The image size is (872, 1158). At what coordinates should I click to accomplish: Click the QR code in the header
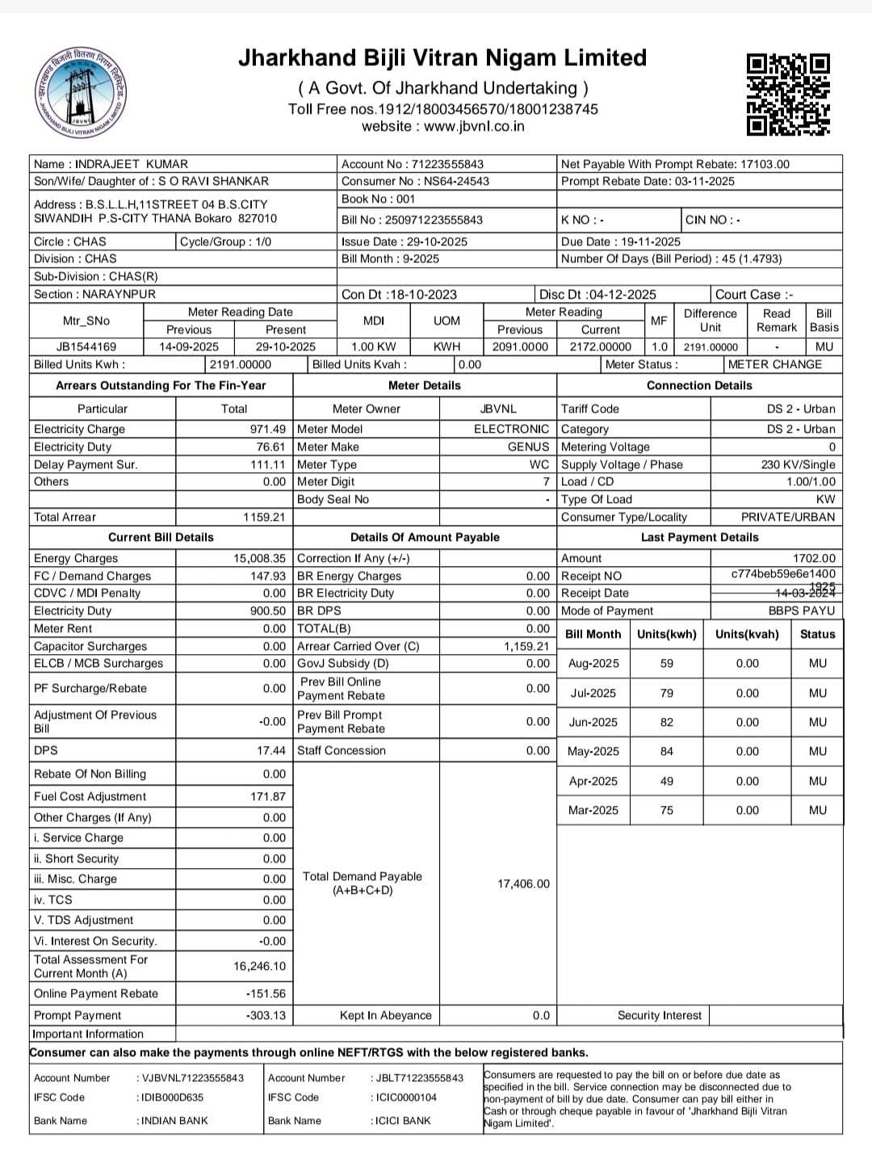[788, 94]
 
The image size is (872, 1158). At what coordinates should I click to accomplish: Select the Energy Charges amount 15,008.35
[259, 558]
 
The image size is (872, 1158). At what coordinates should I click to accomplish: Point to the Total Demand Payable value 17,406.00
[523, 883]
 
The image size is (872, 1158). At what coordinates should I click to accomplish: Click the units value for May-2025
[666, 751]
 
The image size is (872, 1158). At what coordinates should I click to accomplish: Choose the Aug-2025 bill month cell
[593, 663]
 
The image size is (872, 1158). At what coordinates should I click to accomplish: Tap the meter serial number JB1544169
[86, 346]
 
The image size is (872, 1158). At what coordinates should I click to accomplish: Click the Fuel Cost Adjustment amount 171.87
[268, 796]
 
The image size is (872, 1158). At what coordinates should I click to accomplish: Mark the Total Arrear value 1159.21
[264, 517]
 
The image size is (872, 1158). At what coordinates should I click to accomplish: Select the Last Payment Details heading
[699, 537]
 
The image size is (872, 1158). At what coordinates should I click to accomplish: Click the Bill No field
[412, 220]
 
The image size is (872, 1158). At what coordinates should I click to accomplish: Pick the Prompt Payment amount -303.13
[266, 1015]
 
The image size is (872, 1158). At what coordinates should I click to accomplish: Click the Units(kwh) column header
[666, 634]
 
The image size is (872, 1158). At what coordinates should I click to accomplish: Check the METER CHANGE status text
[774, 364]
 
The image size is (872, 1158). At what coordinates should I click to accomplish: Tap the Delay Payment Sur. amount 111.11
[268, 464]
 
